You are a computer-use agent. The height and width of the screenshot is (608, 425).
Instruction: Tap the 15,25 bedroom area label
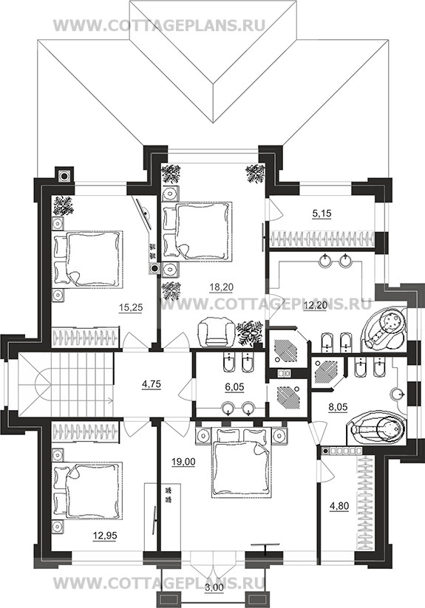pos(131,307)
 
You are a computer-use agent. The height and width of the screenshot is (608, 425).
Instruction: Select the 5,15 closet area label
pos(322,214)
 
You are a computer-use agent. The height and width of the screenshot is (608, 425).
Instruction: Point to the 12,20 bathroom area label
pos(315,306)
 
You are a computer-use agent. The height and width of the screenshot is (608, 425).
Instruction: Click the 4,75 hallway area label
pos(152,384)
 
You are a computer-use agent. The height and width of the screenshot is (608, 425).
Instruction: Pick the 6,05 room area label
pos(234,387)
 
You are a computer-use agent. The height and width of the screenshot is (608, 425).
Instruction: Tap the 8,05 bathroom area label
pos(338,407)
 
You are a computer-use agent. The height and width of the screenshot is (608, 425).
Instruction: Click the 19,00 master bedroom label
pos(183,462)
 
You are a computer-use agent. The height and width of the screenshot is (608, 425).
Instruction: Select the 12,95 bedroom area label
pos(105,536)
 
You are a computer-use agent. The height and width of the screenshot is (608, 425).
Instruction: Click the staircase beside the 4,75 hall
pos(66,385)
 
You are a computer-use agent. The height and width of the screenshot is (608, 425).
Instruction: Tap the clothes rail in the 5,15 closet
pos(322,238)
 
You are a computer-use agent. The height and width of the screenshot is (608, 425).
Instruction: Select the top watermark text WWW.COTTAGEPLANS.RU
pos(159,26)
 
